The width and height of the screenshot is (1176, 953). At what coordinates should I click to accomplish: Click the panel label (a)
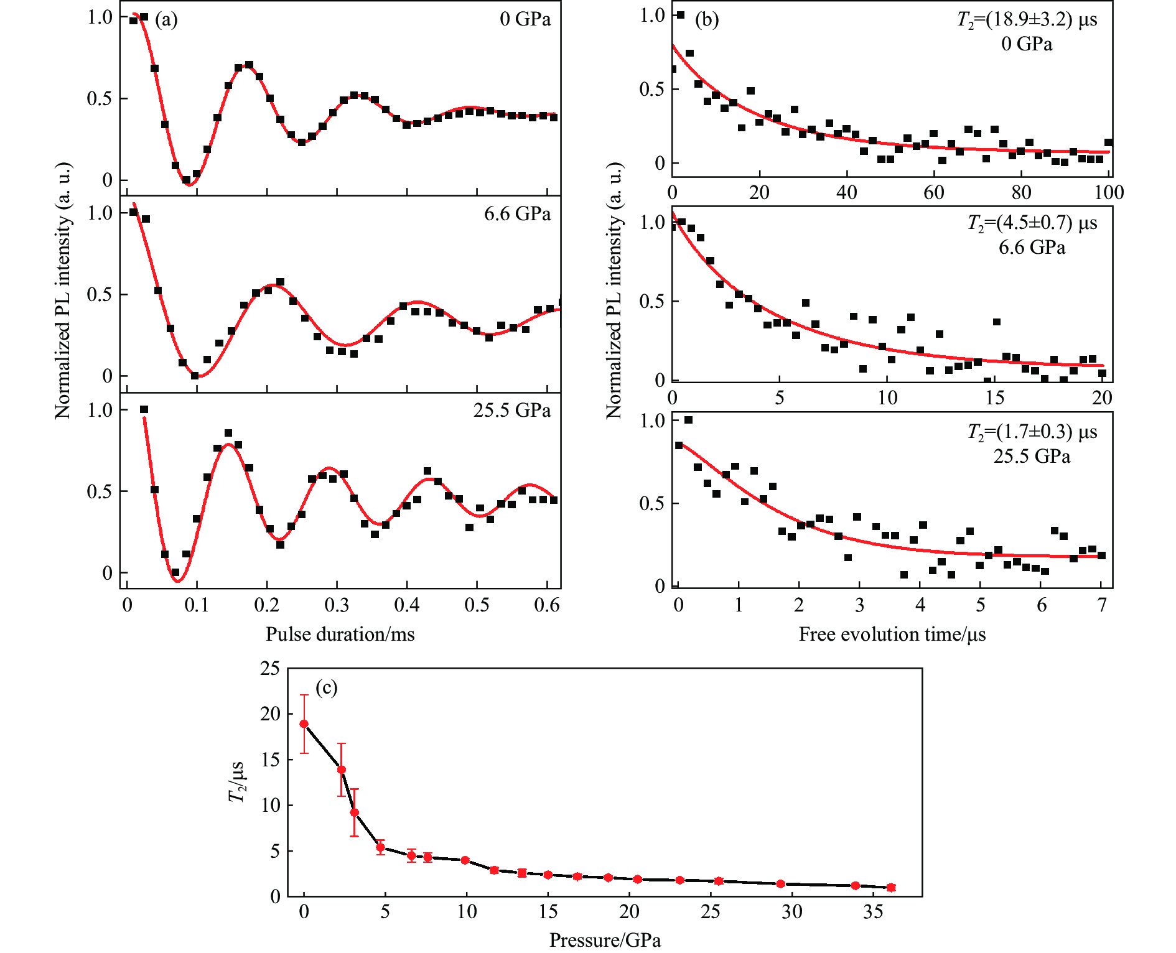(166, 20)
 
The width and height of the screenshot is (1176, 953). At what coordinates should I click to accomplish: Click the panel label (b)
(706, 20)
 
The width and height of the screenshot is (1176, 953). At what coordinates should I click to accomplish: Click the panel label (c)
(326, 687)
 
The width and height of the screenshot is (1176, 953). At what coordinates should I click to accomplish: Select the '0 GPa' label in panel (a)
(525, 19)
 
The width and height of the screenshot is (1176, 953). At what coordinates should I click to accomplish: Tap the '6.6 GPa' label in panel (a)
(517, 214)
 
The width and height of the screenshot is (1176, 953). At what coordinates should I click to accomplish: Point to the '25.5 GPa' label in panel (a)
(511, 411)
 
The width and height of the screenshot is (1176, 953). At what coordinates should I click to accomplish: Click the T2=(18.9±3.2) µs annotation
(1027, 20)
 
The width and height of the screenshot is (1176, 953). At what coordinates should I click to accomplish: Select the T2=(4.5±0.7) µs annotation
(1032, 223)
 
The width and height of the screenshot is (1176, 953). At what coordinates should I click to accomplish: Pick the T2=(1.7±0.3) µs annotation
(1032, 432)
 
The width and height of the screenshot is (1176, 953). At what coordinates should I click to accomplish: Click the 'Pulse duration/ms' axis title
(340, 634)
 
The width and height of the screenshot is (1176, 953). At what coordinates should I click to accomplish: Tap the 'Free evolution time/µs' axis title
(892, 634)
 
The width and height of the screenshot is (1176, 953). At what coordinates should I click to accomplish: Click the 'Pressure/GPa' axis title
(605, 940)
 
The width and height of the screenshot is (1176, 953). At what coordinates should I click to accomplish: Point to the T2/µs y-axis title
(237, 782)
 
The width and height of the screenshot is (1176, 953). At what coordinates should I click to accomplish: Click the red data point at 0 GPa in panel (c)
(304, 724)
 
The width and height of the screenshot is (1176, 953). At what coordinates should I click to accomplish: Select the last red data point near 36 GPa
(891, 888)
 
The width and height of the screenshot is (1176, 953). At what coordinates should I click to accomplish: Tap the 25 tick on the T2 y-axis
(270, 669)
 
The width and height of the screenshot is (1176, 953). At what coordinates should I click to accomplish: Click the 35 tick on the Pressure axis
(873, 912)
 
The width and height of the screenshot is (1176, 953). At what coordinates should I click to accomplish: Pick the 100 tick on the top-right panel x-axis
(1109, 192)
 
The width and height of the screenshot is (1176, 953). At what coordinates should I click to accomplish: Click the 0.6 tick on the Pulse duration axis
(547, 605)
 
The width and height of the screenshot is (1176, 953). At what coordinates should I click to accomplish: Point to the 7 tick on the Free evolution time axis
(1102, 605)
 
